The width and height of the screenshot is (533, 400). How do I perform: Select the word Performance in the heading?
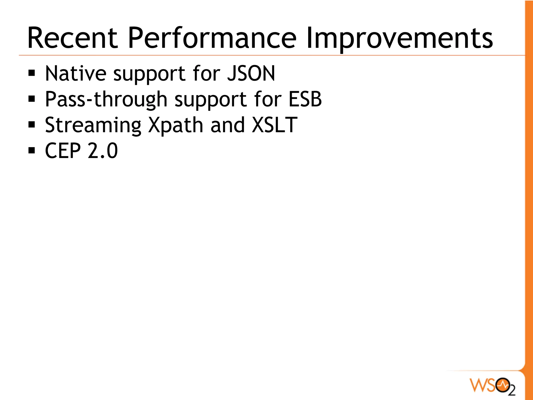point(212,38)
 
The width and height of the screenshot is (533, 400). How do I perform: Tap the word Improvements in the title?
point(399,38)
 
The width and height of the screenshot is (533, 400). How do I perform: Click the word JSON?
point(251,73)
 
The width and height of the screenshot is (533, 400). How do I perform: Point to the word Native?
point(75,73)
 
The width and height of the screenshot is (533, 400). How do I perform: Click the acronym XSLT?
point(274,125)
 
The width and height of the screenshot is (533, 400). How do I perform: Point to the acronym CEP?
point(63,151)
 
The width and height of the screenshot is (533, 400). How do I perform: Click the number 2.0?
point(103,151)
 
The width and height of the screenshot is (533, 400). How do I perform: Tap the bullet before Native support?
point(32,74)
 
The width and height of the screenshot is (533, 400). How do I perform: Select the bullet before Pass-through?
point(32,99)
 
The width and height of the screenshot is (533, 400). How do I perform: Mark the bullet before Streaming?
point(32,125)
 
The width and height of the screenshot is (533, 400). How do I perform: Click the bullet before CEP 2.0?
point(32,150)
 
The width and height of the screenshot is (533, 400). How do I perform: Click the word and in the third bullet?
point(227,125)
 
